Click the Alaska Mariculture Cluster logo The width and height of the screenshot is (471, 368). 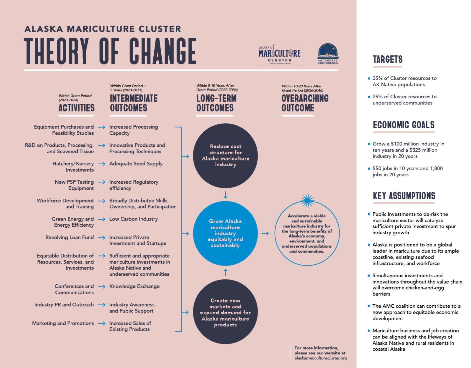(x=279, y=54)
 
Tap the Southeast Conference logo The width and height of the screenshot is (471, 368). (x=328, y=54)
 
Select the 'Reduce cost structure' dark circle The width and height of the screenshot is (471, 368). (x=225, y=156)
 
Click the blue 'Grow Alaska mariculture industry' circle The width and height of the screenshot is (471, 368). (x=225, y=233)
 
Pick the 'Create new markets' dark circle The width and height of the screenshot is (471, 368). (x=225, y=312)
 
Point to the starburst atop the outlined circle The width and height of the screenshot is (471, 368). (x=307, y=200)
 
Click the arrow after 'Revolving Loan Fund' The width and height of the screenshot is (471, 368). (x=102, y=238)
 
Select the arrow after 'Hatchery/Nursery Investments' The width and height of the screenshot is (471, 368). (x=102, y=164)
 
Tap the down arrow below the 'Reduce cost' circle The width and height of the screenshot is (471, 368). (x=225, y=195)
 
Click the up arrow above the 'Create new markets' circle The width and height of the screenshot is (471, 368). (x=225, y=272)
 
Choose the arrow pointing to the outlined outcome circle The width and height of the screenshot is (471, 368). (x=265, y=233)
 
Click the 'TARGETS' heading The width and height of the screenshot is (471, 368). (x=387, y=59)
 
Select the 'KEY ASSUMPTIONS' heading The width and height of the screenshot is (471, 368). (x=404, y=196)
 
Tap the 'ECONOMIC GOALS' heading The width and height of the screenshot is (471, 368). (x=404, y=125)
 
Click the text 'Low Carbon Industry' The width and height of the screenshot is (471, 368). (x=133, y=219)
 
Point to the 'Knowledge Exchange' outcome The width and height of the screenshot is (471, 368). (x=134, y=286)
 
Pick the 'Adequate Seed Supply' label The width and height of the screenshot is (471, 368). (x=136, y=164)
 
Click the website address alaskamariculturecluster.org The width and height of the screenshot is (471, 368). (x=321, y=358)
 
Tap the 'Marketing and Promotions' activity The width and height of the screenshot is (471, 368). (x=63, y=323)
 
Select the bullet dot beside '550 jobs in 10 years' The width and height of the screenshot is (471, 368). (x=369, y=169)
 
